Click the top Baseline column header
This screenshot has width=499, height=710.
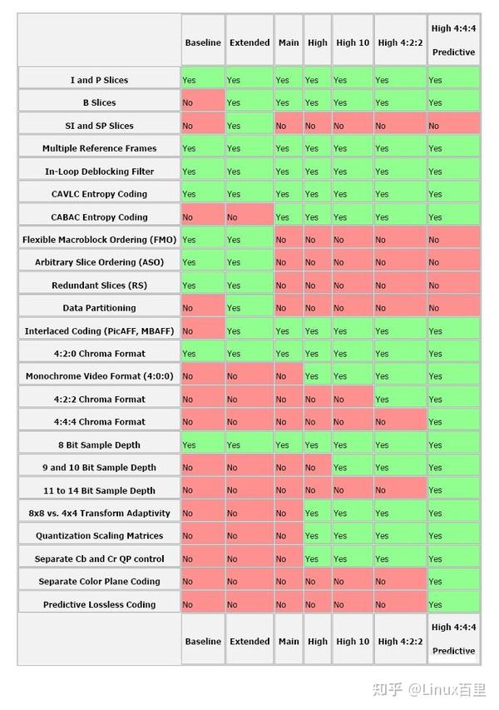click(203, 42)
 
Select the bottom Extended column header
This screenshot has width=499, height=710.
click(249, 641)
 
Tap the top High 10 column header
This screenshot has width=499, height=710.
click(353, 42)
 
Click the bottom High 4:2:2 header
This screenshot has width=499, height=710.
click(400, 641)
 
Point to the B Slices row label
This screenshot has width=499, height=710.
click(100, 102)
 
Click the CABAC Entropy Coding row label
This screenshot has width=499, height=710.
click(100, 217)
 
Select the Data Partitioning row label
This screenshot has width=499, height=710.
click(100, 308)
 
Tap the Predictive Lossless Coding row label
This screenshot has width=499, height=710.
click(100, 604)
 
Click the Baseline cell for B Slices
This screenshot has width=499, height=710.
click(203, 102)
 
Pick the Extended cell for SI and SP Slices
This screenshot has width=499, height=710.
click(249, 126)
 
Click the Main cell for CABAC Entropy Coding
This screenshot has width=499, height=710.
click(289, 217)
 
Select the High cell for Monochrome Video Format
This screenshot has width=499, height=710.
click(317, 376)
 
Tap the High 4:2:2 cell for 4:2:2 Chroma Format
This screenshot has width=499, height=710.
click(400, 400)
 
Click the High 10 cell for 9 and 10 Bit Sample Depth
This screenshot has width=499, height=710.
click(353, 467)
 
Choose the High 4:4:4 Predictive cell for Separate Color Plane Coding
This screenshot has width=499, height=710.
click(453, 582)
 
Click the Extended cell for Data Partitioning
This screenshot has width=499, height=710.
click(249, 308)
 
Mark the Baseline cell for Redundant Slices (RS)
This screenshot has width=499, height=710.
click(203, 285)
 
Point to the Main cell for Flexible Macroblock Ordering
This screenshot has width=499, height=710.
click(289, 240)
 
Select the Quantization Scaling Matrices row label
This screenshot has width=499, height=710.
click(100, 536)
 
